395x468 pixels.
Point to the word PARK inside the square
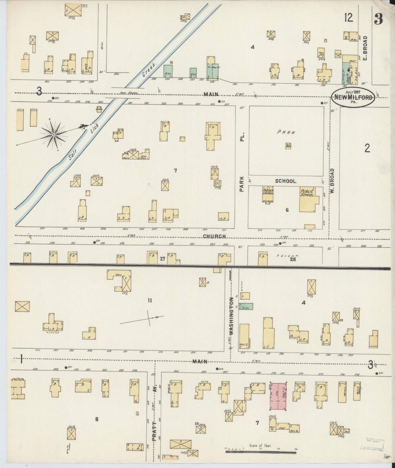click(286, 132)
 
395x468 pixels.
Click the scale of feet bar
click(261, 452)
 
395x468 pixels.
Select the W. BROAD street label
click(332, 181)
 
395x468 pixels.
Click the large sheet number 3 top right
click(378, 19)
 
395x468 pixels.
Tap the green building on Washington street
click(246, 307)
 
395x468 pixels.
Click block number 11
click(150, 301)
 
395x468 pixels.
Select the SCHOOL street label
click(286, 181)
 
